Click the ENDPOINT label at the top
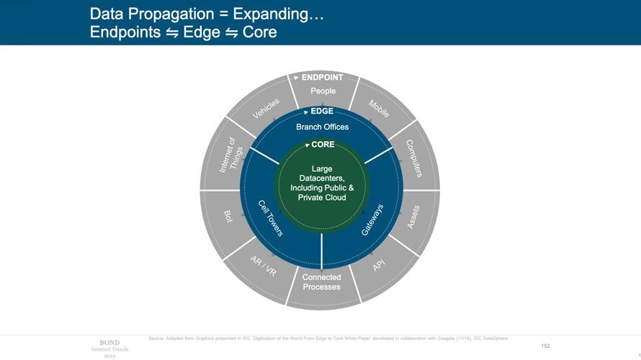(322, 77)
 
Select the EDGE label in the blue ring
(322, 112)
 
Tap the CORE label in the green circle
(323, 145)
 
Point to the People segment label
(323, 91)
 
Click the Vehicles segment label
(265, 109)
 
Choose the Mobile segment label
(379, 109)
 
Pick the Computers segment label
(413, 158)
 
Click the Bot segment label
(228, 217)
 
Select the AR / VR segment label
(263, 264)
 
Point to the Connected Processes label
(321, 282)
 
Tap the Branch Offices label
(322, 127)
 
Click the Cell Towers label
(271, 218)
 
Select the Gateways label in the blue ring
(372, 220)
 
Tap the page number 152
(545, 346)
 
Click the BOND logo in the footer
(109, 342)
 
